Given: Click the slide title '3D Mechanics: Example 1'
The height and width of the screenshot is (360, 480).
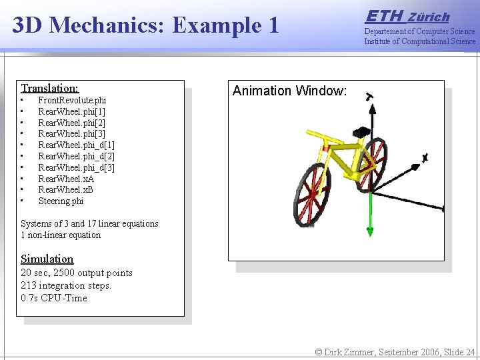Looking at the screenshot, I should tap(145, 25).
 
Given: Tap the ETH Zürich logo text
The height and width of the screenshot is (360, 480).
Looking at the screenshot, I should tap(407, 16).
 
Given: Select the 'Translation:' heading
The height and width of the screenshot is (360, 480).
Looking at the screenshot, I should tap(49, 88).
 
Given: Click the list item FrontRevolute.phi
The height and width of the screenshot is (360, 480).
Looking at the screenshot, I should tap(71, 100).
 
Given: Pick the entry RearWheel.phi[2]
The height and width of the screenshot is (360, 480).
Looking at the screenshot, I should tap(71, 123).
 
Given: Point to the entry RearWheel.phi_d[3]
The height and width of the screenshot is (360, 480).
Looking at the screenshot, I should tap(76, 167).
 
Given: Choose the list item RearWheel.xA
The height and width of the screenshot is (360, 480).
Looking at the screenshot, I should tap(66, 179).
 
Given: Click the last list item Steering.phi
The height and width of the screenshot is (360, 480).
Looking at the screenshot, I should tap(61, 201).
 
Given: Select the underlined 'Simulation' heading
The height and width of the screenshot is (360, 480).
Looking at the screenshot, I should tap(47, 259).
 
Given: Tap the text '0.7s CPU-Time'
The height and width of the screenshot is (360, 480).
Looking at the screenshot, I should tap(54, 298).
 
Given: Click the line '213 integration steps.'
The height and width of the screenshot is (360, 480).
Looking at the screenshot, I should tap(66, 285).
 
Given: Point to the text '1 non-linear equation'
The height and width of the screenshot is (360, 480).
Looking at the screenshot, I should tap(61, 235).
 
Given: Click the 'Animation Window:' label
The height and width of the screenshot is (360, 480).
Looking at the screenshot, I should tap(289, 91).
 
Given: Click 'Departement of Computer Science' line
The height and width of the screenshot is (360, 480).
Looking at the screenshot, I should tap(419, 31).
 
